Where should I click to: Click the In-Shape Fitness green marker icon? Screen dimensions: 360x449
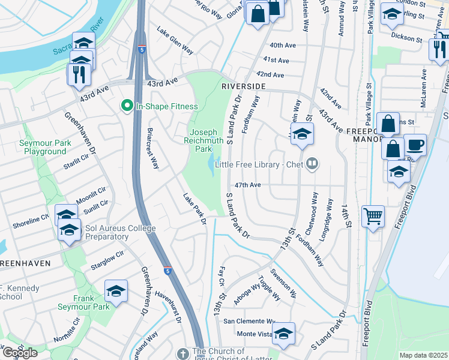127,106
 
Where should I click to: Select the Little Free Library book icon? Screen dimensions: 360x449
312,164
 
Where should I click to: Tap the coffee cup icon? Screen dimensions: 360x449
415,145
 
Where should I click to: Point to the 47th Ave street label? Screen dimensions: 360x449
247,185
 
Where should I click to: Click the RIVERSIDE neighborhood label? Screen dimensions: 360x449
243,86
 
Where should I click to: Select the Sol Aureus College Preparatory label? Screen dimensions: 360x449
121,232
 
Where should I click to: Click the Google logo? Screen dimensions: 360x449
20,353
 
